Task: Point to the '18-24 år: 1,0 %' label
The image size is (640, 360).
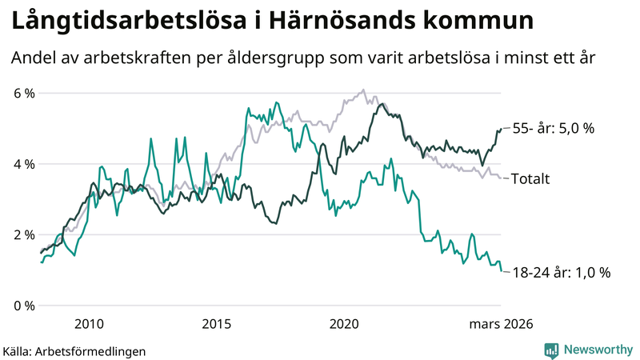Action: coord(561,272)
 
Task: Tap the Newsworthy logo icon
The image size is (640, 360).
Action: coord(551,350)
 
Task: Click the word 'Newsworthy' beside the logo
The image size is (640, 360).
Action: coord(596,350)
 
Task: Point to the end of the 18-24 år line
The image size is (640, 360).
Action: coord(502,271)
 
